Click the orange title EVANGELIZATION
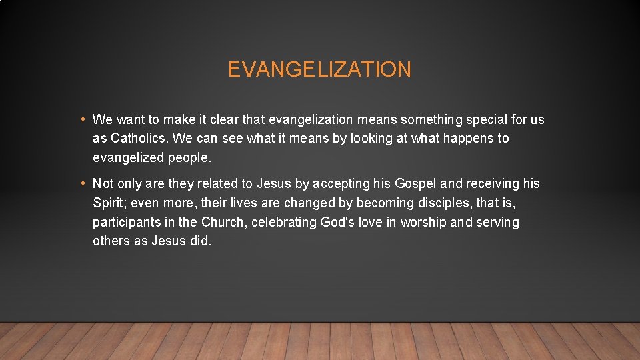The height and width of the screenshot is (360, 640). click(x=319, y=69)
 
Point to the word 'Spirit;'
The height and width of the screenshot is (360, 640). click(x=111, y=203)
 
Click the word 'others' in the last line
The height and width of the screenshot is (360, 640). click(x=111, y=241)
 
